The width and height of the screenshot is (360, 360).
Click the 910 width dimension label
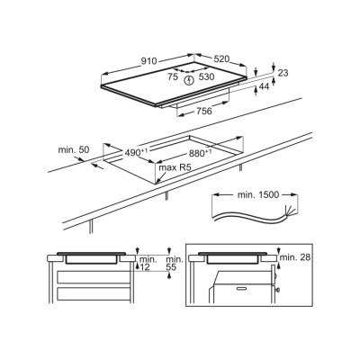tap(149, 61)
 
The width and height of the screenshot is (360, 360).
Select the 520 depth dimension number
tap(221, 58)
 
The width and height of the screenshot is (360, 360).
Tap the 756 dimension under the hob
tap(204, 111)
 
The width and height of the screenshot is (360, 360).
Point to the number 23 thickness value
tap(283, 73)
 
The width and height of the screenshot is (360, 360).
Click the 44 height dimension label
tap(264, 86)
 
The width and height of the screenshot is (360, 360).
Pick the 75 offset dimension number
tap(173, 77)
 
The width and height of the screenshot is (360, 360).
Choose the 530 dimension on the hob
tap(207, 77)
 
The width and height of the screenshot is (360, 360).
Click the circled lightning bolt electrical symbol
tap(189, 80)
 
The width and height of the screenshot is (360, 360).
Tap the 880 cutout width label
tap(200, 153)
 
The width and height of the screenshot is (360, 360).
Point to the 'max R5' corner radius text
tap(175, 167)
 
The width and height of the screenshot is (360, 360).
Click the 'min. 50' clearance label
tap(74, 149)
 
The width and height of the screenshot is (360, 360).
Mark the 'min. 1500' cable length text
tap(258, 195)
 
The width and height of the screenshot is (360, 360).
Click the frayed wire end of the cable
tap(287, 210)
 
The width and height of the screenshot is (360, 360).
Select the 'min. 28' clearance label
tap(295, 257)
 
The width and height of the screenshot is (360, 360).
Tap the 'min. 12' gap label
tap(148, 263)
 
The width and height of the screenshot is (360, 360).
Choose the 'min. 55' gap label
tap(175, 263)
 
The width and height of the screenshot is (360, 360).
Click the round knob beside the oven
tap(279, 290)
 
